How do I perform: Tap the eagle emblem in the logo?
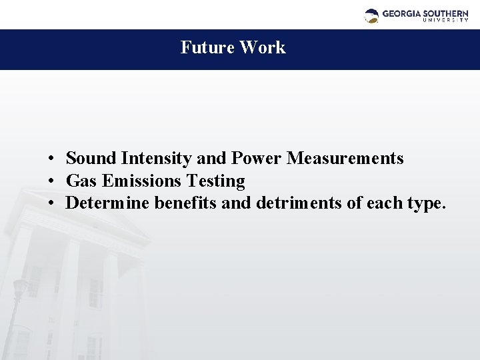[372, 15]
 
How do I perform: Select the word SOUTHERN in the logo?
[445, 13]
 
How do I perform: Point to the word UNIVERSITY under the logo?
[445, 21]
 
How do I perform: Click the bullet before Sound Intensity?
[51, 159]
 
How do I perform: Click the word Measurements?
[345, 159]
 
